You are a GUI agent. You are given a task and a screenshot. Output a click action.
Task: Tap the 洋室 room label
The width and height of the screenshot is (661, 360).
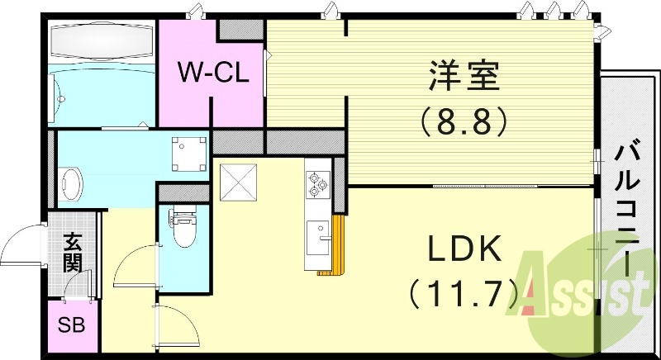point(463,81)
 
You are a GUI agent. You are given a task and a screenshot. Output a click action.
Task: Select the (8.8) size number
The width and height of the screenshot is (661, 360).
point(463,123)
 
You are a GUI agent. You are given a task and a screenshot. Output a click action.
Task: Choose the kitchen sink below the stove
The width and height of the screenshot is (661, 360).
point(316,239)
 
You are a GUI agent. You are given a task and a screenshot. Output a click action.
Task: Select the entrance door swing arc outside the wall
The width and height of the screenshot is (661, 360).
point(20,243)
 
